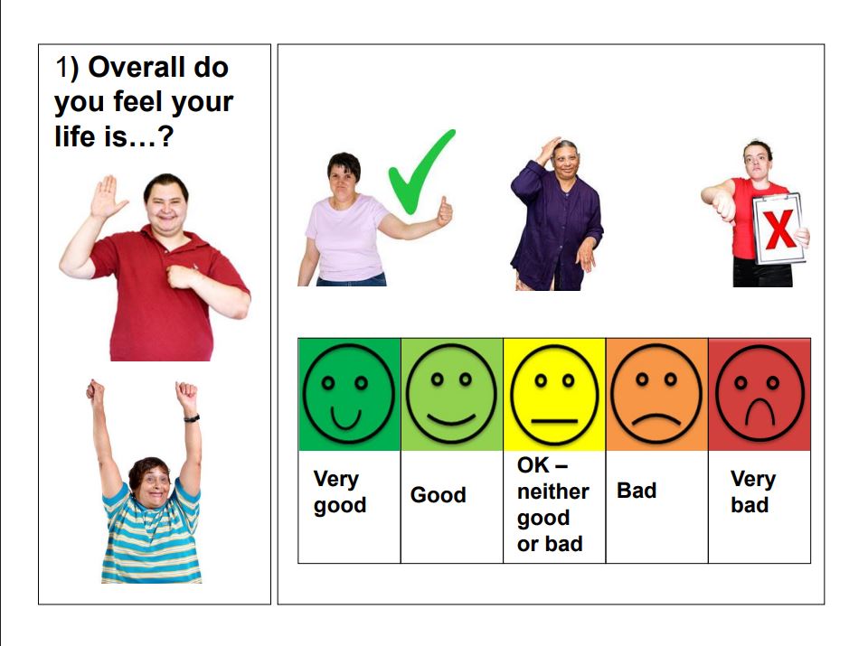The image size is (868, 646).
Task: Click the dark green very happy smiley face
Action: point(349,394)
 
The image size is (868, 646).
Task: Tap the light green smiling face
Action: point(451,394)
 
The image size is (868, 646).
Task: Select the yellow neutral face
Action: point(554,394)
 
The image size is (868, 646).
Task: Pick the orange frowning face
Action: point(656,394)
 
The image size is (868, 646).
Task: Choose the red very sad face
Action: point(759,394)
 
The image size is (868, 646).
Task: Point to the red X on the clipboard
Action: point(779,229)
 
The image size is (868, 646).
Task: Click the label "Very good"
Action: point(339,492)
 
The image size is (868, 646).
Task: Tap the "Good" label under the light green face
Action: point(438,494)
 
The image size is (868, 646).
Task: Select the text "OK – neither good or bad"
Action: point(552,504)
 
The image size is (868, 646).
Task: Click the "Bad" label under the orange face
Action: point(637,491)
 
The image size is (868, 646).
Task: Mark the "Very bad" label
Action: point(752,492)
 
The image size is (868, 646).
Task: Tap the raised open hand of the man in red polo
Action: point(107,196)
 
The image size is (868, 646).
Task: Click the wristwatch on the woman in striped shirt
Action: point(192,418)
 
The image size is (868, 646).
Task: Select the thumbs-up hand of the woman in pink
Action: point(445,212)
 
